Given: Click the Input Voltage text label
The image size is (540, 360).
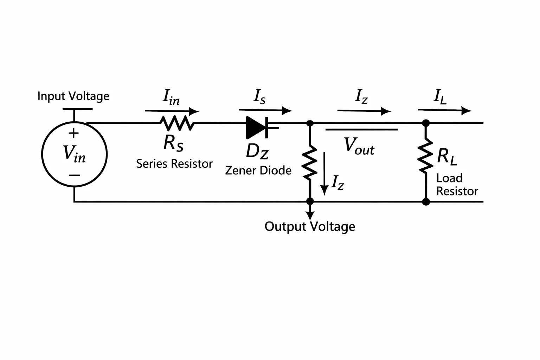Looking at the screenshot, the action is [73, 96].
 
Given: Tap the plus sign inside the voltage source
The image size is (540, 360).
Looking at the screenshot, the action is [73, 133].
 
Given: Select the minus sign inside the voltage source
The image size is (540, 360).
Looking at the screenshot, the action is [74, 175].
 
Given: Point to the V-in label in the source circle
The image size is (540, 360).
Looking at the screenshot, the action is [74, 154].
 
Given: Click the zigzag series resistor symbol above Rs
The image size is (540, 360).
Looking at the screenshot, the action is [177, 123].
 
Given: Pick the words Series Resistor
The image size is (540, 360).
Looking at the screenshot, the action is [174, 164].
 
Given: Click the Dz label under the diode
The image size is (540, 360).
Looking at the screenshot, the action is [257, 152].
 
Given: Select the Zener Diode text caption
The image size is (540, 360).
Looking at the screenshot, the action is [258, 171].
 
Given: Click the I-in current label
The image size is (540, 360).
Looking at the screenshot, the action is [171, 97].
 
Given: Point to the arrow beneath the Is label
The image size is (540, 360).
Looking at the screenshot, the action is [265, 110].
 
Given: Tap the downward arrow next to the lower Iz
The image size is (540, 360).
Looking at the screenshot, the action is [324, 173].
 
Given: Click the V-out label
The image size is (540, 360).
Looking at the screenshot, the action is [359, 146].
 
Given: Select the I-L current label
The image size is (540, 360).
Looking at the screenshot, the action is [440, 97].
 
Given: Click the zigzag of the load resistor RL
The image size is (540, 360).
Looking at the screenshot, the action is [426, 155].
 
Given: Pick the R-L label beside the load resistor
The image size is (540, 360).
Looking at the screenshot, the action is [447, 157].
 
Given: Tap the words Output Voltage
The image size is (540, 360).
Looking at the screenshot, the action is [310, 227].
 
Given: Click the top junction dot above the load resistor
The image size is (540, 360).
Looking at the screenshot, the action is [426, 123].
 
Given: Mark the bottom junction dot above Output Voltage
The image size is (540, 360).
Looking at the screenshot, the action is [310, 201].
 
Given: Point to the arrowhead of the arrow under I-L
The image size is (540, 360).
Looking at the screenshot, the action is [467, 111].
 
